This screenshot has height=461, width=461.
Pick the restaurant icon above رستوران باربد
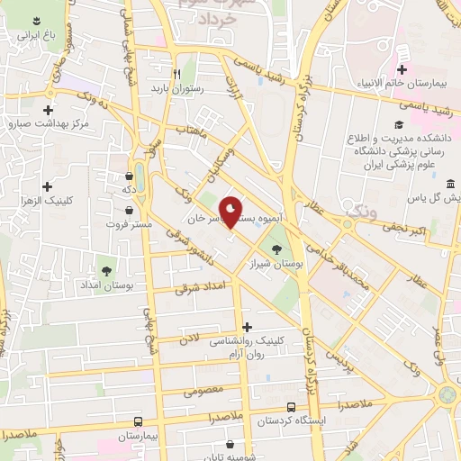pyautogui.click(x=178, y=73)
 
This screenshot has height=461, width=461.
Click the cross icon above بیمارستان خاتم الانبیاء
pyautogui.click(x=402, y=69)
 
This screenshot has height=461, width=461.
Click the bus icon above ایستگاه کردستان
pyautogui.click(x=291, y=407)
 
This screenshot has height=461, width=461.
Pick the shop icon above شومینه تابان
pyautogui.click(x=230, y=444)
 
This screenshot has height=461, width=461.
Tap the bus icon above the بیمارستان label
pyautogui.click(x=137, y=420)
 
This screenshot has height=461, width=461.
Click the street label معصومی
pyautogui.click(x=203, y=392)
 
